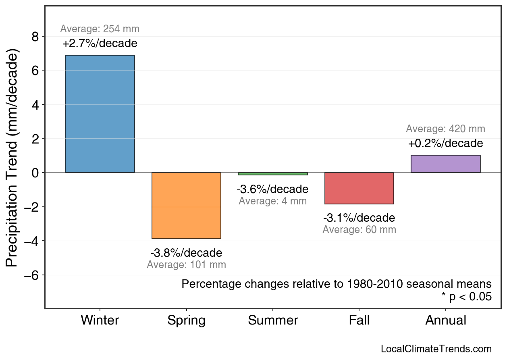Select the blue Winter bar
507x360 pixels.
point(100,114)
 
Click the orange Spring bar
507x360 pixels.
point(186,206)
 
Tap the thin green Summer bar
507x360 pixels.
point(273,174)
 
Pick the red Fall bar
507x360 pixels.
point(359,188)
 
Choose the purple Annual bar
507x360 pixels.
point(445,164)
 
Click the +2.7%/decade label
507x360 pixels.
point(100,44)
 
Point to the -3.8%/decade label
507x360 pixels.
point(186,253)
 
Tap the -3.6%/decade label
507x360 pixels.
point(272,189)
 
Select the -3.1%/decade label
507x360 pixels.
point(359,218)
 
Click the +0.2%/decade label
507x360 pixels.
point(445,144)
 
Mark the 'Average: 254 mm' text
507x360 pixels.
point(100,29)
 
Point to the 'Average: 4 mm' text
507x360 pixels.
point(272,201)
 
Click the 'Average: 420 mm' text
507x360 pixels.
point(445,129)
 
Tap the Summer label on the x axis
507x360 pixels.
point(273,320)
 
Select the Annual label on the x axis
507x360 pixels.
point(446,320)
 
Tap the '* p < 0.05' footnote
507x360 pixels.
point(466,297)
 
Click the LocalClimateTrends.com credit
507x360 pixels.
point(436,349)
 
